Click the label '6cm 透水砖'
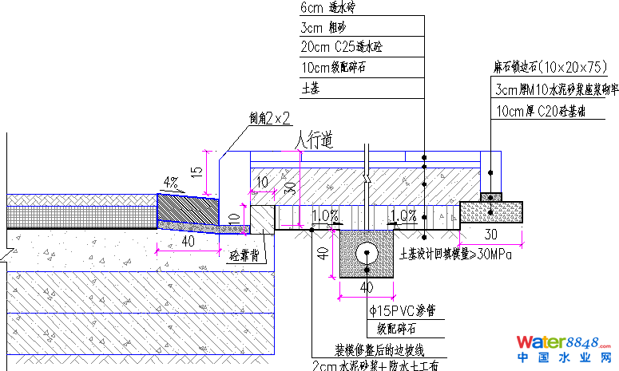(331, 8)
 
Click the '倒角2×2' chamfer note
(269, 119)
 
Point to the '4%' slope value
(170, 182)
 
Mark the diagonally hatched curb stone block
(188, 211)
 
